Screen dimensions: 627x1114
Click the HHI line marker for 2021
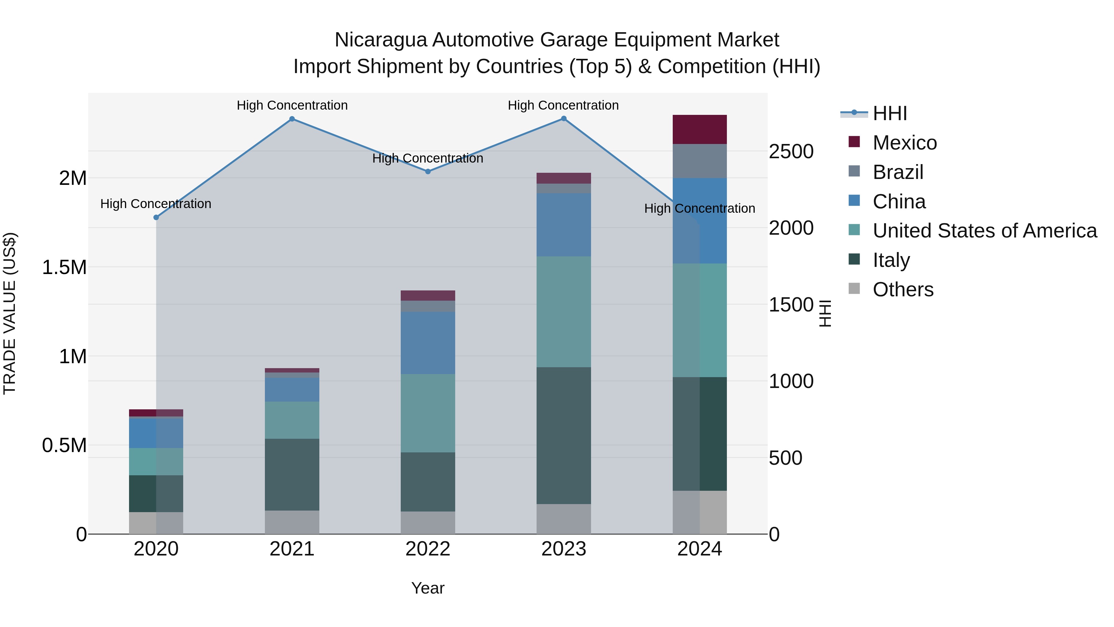pos(292,119)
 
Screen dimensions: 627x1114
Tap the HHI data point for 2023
pos(563,119)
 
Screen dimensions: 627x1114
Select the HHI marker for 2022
pos(428,171)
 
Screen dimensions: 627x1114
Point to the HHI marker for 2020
pos(156,217)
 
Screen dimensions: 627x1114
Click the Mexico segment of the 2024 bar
pos(699,129)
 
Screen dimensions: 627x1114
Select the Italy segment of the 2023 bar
pos(563,435)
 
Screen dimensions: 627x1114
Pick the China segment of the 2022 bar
pos(428,343)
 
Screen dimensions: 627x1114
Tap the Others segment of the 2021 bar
pos(292,522)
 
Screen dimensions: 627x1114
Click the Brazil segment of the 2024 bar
pos(699,161)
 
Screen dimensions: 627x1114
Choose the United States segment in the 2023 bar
pos(563,311)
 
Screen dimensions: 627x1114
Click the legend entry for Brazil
pos(898,172)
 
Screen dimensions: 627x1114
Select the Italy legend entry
pos(891,260)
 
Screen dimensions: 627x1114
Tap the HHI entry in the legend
pos(890,113)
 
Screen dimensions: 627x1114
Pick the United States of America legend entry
pos(984,231)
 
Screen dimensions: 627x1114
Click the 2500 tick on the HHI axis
pos(791,151)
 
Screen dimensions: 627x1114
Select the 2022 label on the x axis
pos(428,549)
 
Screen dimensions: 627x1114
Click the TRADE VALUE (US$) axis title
pos(10,313)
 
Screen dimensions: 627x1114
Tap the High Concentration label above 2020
pos(156,204)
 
